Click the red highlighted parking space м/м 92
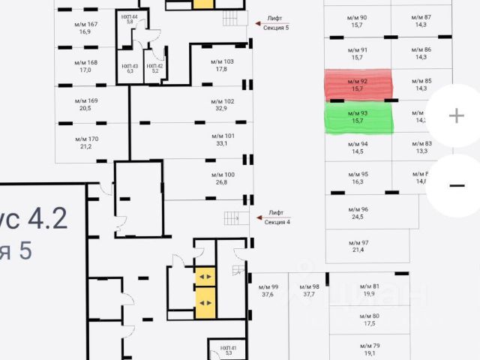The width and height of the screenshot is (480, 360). click(358, 85)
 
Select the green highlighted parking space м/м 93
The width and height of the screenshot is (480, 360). click(358, 117)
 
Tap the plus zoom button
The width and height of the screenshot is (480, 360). click(456, 115)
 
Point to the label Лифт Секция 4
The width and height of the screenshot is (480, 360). click(277, 218)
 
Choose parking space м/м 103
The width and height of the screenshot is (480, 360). click(221, 65)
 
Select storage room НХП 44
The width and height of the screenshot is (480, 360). click(130, 18)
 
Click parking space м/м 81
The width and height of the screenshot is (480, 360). click(369, 291)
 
